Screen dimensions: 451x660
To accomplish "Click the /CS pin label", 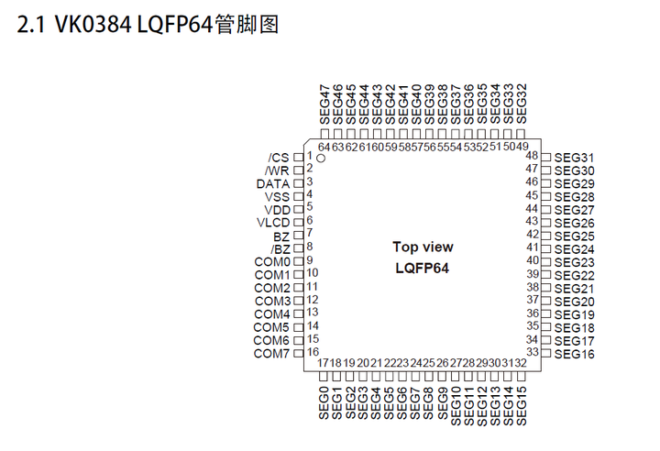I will [279, 158].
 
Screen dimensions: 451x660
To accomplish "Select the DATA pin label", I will [273, 183].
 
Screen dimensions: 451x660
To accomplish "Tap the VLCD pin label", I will [273, 223].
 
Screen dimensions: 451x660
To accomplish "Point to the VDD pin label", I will [277, 210].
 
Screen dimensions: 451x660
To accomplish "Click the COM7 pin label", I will [272, 354].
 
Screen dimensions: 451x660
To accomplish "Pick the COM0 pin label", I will [272, 262].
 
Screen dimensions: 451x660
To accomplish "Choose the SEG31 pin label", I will [575, 158].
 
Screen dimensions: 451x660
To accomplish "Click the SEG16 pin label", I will [575, 354].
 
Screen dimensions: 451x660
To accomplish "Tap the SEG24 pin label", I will [575, 249].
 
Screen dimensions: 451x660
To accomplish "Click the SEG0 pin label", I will [324, 403].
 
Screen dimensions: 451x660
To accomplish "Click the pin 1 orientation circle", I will [321, 159].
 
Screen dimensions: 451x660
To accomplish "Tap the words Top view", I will [423, 247].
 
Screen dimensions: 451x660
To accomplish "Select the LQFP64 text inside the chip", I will [423, 268].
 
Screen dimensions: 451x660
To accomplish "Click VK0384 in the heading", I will [88, 26].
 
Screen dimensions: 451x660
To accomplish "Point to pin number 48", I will [532, 156].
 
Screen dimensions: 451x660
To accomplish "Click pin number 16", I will [313, 352].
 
